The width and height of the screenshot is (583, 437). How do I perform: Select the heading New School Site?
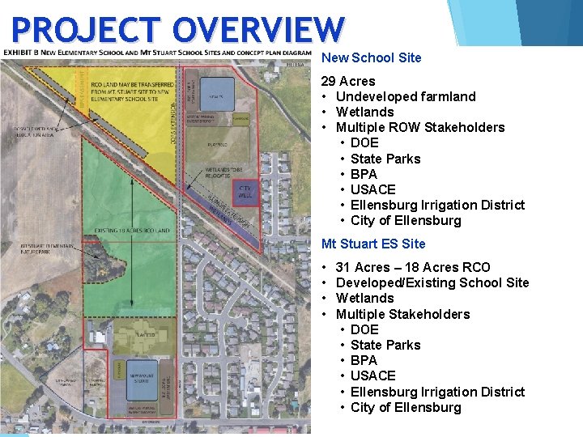[372, 57]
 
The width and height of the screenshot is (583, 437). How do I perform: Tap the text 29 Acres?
[348, 81]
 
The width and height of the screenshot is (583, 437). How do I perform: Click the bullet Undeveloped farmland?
[406, 96]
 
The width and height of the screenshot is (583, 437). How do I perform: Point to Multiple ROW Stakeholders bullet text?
[420, 127]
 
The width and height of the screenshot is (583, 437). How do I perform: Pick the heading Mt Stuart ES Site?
[373, 244]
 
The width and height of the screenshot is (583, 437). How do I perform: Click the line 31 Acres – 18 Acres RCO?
[412, 267]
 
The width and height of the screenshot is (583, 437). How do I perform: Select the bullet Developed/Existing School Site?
[432, 282]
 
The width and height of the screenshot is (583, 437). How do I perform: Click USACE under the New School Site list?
[373, 189]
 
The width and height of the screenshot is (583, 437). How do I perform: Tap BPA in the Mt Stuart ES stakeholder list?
[364, 360]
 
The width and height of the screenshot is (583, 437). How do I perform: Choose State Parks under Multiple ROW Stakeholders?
[385, 159]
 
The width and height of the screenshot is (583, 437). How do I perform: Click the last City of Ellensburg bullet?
[406, 407]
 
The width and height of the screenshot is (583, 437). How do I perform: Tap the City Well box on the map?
[245, 190]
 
